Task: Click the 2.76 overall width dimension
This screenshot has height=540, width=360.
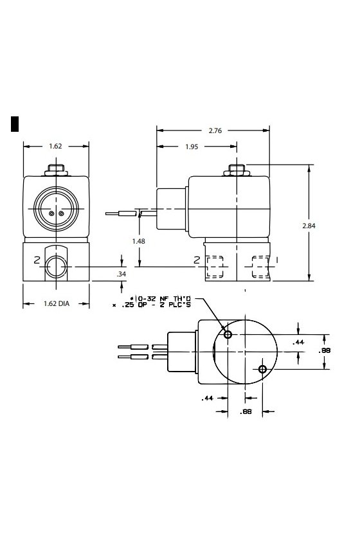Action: (x=215, y=130)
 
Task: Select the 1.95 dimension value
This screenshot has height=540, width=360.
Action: (x=192, y=147)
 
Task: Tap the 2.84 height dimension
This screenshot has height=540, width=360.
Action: (x=309, y=226)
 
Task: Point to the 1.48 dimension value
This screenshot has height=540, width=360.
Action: (x=138, y=241)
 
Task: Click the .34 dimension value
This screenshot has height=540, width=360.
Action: (x=122, y=274)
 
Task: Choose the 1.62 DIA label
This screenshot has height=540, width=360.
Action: (x=57, y=303)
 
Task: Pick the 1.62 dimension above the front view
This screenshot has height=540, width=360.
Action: (x=55, y=146)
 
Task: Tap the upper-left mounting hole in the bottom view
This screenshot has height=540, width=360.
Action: (x=228, y=334)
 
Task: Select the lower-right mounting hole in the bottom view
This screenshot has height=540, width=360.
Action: (x=262, y=369)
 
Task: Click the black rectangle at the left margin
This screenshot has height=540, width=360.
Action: (x=15, y=124)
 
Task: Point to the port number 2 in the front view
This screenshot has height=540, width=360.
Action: (x=37, y=261)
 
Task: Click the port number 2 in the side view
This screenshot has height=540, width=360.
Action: (x=197, y=260)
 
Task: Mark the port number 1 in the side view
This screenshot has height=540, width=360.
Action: (x=277, y=259)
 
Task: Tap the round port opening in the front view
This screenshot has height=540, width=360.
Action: (x=56, y=267)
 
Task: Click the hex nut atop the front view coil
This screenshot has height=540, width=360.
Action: (x=56, y=170)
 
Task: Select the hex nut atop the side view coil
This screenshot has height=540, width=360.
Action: (x=237, y=170)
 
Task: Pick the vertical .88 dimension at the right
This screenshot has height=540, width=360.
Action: (x=324, y=350)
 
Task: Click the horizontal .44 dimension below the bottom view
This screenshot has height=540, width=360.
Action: (x=207, y=398)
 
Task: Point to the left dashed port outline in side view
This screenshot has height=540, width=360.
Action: (x=214, y=267)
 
